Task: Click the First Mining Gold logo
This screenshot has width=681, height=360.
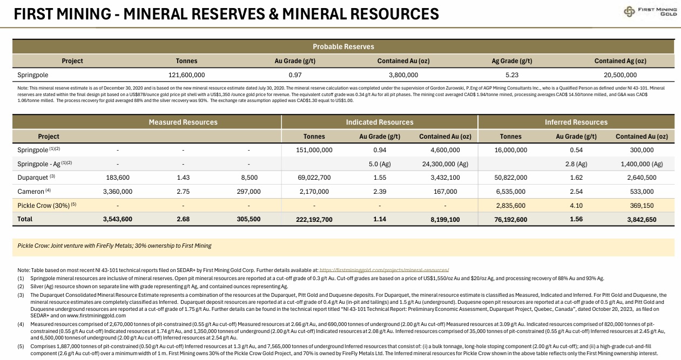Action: click(x=650, y=11)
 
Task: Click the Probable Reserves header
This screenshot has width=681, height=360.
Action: click(x=343, y=46)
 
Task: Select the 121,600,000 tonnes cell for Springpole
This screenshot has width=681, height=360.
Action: click(x=187, y=74)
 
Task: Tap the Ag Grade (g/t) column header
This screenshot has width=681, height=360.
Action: click(x=512, y=61)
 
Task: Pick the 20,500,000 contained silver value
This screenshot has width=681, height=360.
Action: click(x=620, y=74)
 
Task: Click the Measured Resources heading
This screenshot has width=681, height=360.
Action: click(x=183, y=122)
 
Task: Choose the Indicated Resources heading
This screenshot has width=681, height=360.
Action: click(x=380, y=122)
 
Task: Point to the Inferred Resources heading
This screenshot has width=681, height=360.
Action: click(x=576, y=122)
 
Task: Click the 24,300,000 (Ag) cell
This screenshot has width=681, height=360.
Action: click(x=445, y=164)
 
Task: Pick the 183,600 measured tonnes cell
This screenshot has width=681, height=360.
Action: click(x=118, y=178)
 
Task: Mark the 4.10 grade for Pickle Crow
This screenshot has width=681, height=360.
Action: click(x=576, y=205)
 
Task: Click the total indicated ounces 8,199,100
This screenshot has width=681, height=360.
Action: click(x=445, y=219)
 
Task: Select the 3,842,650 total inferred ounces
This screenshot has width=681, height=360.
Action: click(x=642, y=219)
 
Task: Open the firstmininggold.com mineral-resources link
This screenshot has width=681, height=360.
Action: click(x=385, y=270)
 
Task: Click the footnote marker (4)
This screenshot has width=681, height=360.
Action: click(x=21, y=324)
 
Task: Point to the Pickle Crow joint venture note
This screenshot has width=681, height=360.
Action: click(x=114, y=246)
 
